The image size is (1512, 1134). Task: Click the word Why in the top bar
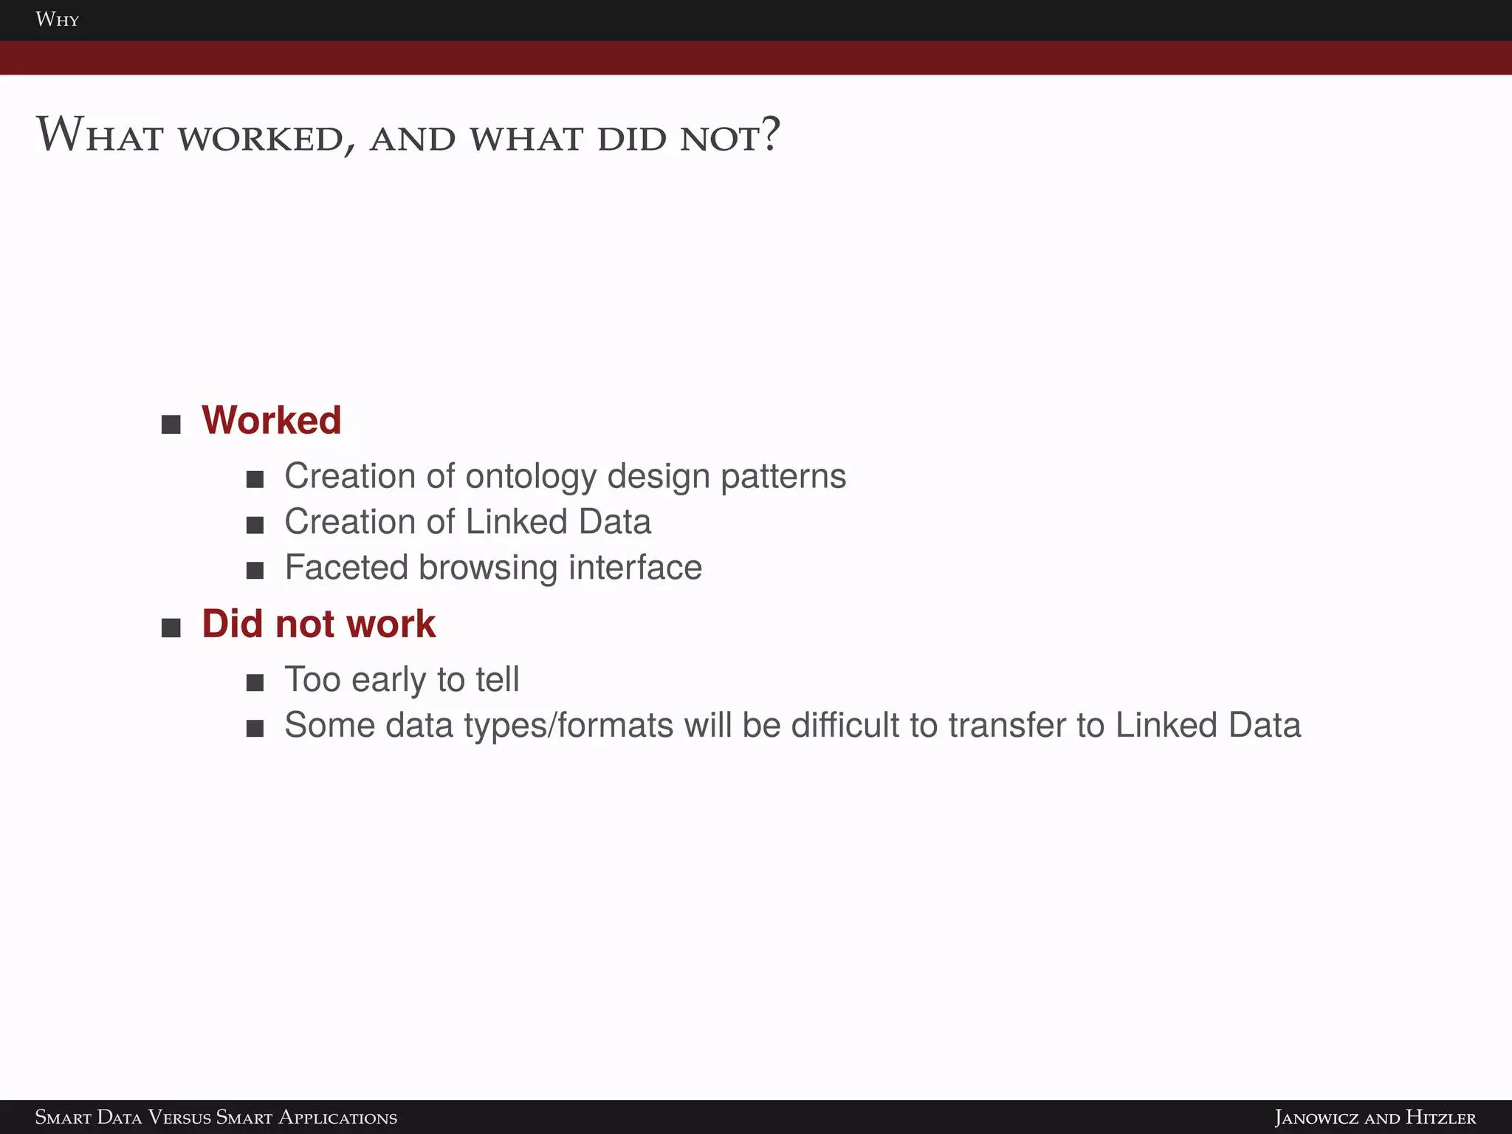tap(57, 19)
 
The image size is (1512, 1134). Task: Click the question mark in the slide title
tap(770, 134)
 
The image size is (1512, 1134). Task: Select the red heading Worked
tap(271, 420)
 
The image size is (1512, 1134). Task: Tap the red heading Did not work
tap(318, 624)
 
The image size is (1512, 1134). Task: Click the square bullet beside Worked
tap(171, 425)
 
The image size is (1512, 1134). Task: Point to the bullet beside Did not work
tap(171, 628)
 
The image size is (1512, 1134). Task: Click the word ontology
tap(530, 477)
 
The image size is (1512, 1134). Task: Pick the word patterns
tap(783, 477)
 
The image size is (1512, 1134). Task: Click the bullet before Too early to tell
tap(255, 683)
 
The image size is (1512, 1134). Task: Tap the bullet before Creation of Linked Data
tap(255, 525)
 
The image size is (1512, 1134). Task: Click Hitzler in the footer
tap(1440, 1117)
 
